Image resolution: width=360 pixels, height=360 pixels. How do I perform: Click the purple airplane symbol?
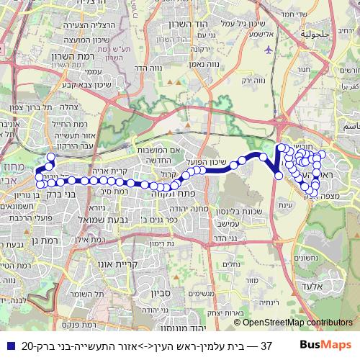tap(269, 50)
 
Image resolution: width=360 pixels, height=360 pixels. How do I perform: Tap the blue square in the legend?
tap(9, 345)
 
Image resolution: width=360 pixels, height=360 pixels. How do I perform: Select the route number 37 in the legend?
tap(265, 345)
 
